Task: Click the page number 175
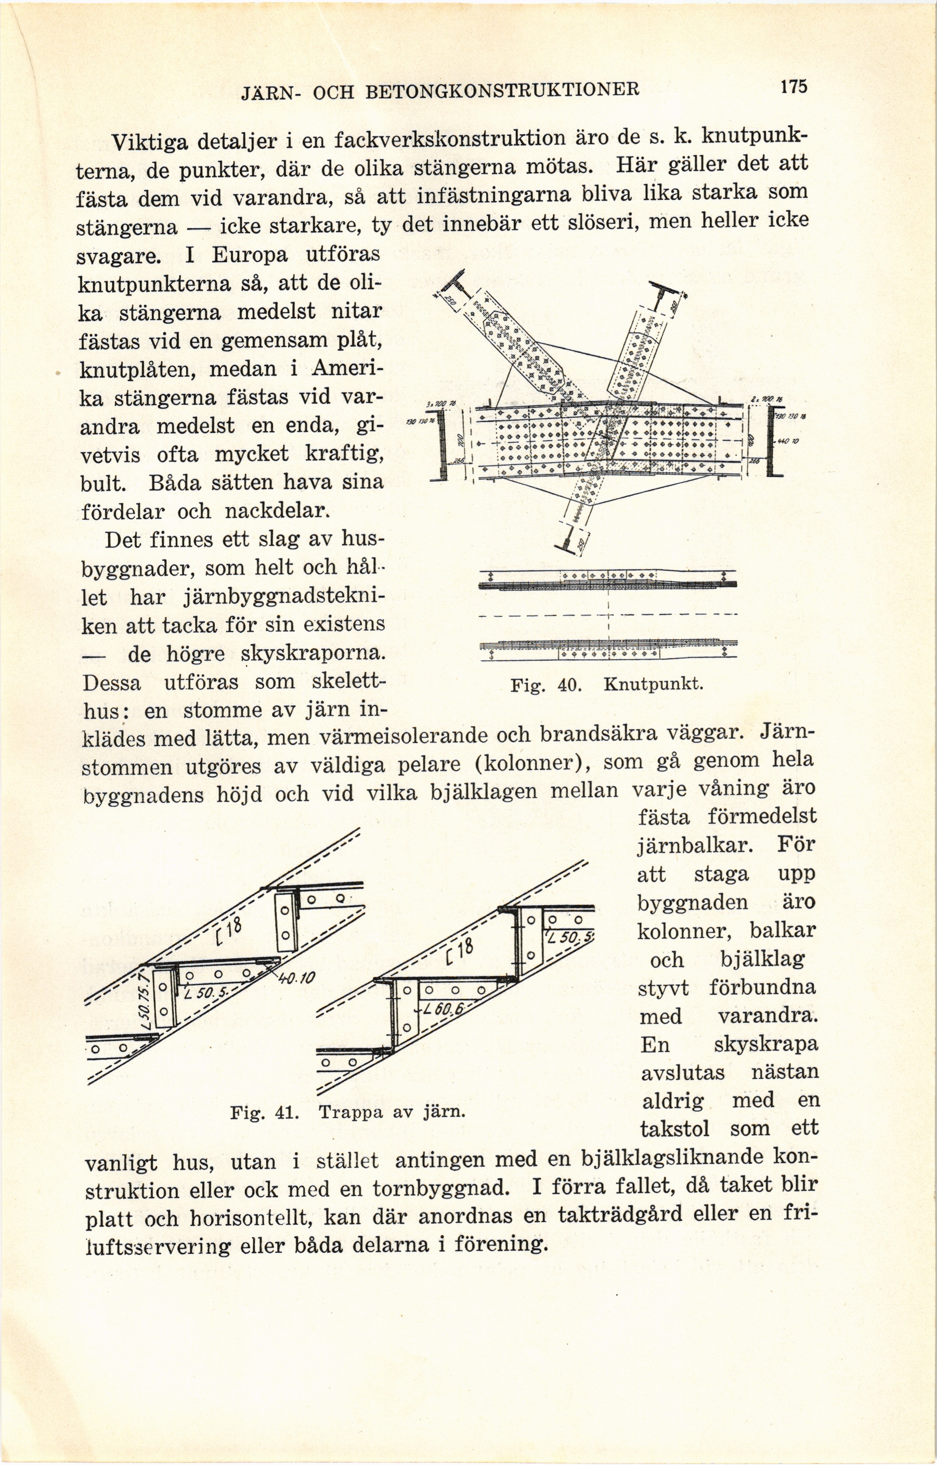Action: (793, 86)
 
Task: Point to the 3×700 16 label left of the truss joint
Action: (437, 405)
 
